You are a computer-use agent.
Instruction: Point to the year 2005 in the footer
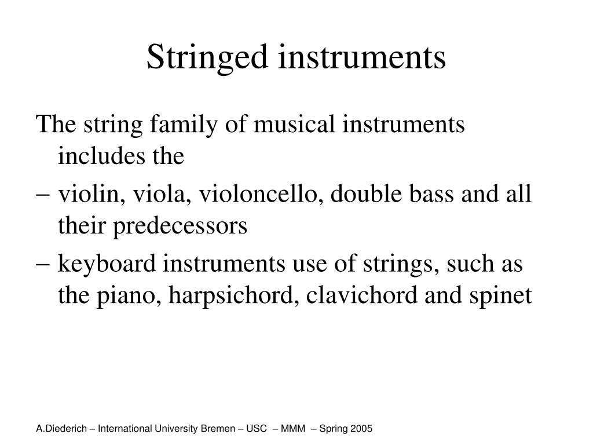tap(361, 429)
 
